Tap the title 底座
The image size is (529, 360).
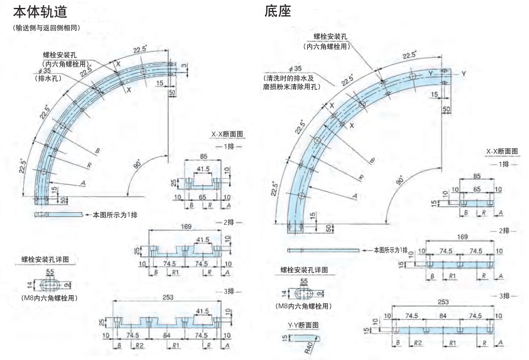[x=278, y=11]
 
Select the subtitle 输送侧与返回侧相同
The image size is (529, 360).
[x=46, y=27]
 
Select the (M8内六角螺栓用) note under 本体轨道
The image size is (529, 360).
[x=49, y=298]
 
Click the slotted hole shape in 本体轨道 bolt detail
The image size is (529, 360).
[x=51, y=284]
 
